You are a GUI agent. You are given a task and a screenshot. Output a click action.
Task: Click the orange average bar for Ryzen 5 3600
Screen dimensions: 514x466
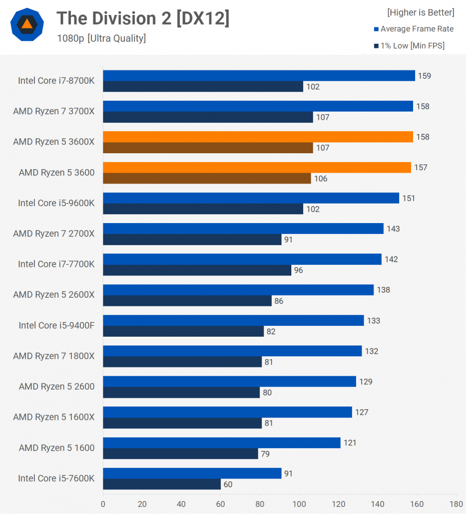pos(257,168)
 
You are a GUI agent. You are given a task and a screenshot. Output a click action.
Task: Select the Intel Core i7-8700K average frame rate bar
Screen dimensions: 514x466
pos(259,76)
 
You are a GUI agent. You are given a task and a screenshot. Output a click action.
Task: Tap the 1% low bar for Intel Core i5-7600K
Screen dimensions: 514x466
pos(162,484)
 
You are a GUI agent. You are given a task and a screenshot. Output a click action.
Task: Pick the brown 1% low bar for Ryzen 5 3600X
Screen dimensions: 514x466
pos(208,148)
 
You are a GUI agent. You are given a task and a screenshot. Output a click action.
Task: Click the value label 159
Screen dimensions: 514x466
pos(424,76)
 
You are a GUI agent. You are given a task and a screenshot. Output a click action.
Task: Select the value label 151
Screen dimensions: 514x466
pos(408,198)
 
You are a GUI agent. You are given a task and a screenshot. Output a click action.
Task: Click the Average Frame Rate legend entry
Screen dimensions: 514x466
pos(414,29)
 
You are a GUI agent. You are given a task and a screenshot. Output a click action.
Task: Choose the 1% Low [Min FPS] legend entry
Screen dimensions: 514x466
pos(409,46)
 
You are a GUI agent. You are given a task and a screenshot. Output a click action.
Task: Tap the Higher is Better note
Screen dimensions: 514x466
pos(420,12)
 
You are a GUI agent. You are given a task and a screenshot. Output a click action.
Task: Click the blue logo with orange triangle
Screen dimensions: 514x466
pos(27,24)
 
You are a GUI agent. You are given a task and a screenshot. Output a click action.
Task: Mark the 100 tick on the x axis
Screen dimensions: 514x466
pos(299,504)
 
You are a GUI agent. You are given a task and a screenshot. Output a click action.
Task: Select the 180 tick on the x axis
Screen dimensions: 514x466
pos(456,504)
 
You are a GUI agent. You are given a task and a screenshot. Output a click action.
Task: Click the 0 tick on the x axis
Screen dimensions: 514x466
pos(103,504)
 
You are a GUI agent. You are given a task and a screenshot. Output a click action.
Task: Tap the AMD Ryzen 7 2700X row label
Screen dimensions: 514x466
pos(54,234)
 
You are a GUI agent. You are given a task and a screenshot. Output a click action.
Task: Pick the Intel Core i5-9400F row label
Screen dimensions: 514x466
pos(57,325)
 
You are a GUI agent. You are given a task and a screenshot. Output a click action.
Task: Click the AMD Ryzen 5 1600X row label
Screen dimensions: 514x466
pos(54,417)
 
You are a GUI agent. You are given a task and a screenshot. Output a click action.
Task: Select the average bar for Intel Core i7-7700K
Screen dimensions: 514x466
pos(242,260)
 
